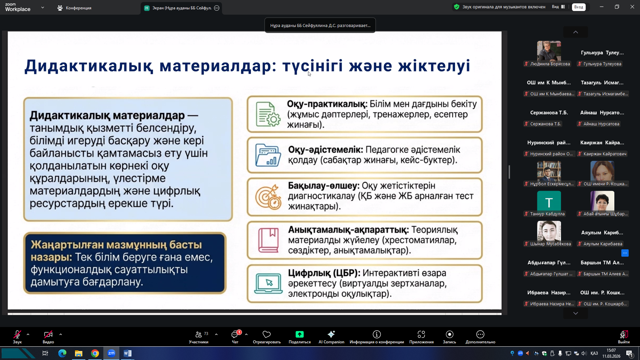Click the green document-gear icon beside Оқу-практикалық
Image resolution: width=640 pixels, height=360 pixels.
tap(268, 114)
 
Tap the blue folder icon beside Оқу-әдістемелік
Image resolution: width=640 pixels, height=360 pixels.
tap(268, 155)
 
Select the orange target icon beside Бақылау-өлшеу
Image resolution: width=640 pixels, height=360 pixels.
tap(268, 197)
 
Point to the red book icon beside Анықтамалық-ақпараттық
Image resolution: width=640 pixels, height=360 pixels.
tap(268, 240)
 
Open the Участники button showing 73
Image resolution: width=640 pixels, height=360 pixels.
tap(199, 337)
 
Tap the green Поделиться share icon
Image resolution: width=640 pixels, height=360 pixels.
tap(299, 334)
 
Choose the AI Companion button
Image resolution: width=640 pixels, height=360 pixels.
tap(331, 337)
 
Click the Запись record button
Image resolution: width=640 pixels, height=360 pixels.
tap(449, 337)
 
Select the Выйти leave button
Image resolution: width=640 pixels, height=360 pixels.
tap(624, 337)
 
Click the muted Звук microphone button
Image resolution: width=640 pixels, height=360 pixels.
tap(17, 337)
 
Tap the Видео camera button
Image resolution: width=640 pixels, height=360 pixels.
tap(48, 337)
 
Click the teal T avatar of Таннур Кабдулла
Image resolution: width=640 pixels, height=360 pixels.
tap(549, 201)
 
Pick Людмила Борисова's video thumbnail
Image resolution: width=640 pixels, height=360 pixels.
tap(549, 51)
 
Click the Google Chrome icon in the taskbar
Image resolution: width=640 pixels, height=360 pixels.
tap(95, 353)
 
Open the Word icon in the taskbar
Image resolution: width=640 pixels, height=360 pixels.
tap(128, 353)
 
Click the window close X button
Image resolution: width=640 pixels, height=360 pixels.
tap(632, 7)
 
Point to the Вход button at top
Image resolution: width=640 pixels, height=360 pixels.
tap(579, 7)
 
